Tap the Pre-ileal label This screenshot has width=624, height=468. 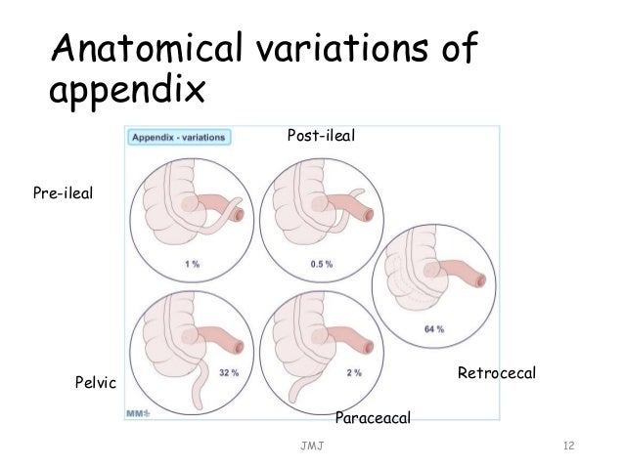[x=62, y=193]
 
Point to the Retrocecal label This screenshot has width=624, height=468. [x=498, y=374]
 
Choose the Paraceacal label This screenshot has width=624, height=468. [x=372, y=418]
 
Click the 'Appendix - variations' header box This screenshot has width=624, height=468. [x=179, y=138]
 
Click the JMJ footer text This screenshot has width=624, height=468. [x=313, y=447]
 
